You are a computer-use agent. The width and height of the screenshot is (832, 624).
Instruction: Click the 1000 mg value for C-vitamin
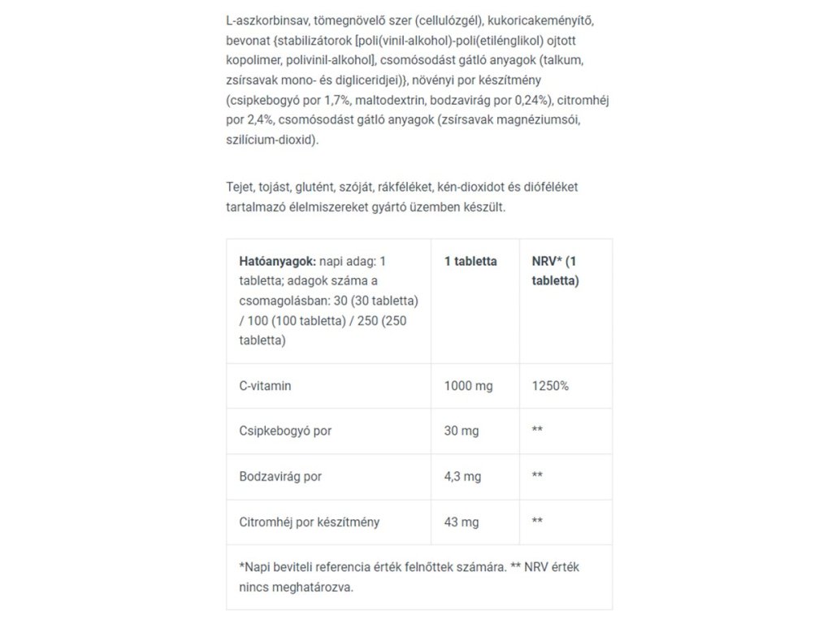pos(468,386)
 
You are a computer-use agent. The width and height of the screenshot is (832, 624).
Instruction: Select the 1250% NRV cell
pos(550,386)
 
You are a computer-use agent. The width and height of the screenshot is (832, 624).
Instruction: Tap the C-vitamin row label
pos(265,386)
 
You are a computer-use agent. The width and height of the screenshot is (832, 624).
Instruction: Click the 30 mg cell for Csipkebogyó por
pos(461,431)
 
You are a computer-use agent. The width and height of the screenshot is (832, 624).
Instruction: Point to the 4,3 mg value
pos(464,476)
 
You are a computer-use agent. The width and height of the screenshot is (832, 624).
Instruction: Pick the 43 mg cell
pos(461,521)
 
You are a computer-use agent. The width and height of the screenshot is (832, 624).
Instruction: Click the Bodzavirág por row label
pos(280,476)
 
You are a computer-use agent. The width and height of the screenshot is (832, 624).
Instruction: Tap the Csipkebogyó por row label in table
pos(285,431)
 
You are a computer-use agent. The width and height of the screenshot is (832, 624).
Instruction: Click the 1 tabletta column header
pos(470,262)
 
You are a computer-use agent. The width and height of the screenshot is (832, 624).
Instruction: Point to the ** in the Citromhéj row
pos(537,521)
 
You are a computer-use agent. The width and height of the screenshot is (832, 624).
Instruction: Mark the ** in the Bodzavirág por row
pos(537,476)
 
